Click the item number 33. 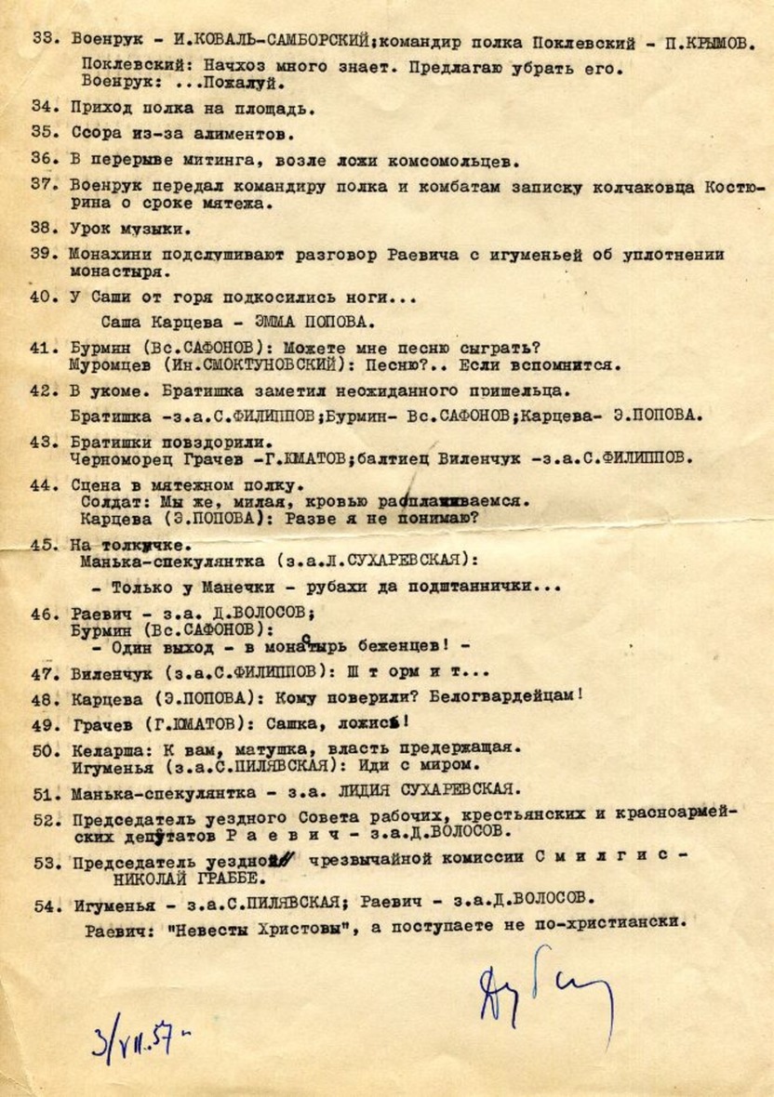(x=45, y=42)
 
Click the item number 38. (x=45, y=228)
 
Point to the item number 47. (x=45, y=673)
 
